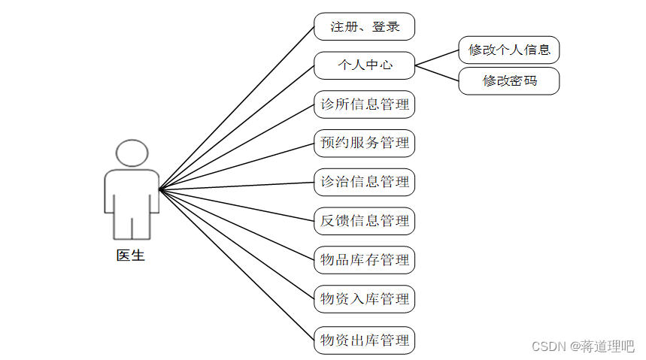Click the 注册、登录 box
(x=364, y=26)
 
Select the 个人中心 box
(x=364, y=65)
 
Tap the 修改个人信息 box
(x=509, y=50)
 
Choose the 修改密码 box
(x=509, y=80)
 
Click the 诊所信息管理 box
(x=364, y=104)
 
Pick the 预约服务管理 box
(x=364, y=143)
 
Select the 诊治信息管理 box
(x=364, y=182)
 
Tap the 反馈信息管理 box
(x=364, y=221)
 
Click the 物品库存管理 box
(x=364, y=260)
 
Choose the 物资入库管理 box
(x=364, y=299)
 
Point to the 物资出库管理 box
(x=364, y=339)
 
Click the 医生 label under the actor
(x=131, y=256)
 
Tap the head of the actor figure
(x=132, y=153)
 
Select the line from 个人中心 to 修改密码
(x=437, y=73)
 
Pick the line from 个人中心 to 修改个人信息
(x=437, y=58)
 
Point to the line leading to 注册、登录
(x=236, y=107)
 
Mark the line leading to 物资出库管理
(x=236, y=265)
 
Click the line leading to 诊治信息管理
(x=236, y=185)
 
